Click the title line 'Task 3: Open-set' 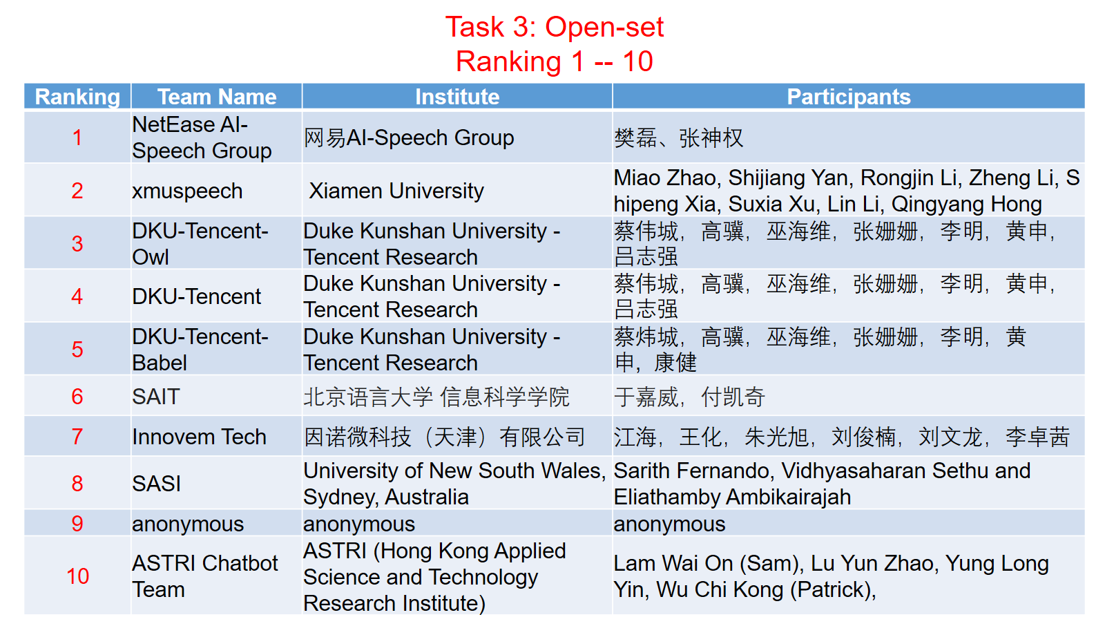[x=555, y=27]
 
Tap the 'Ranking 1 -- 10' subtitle [x=555, y=61]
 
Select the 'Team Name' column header [x=217, y=97]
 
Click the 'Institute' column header [x=457, y=97]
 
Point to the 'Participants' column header [x=849, y=97]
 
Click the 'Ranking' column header [x=77, y=97]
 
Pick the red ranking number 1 [x=77, y=137]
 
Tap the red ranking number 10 [x=77, y=576]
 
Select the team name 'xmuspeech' [x=187, y=191]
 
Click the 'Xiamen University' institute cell [x=396, y=191]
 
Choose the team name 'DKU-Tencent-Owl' [x=200, y=244]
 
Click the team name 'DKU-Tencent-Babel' [x=200, y=350]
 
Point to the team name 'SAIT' [x=156, y=397]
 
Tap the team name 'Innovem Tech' [x=200, y=437]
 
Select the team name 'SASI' [x=156, y=484]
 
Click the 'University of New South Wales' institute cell [x=454, y=484]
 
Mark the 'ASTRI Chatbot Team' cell [x=205, y=576]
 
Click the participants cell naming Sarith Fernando [x=822, y=484]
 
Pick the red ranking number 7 [x=77, y=437]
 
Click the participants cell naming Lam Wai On [x=832, y=576]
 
